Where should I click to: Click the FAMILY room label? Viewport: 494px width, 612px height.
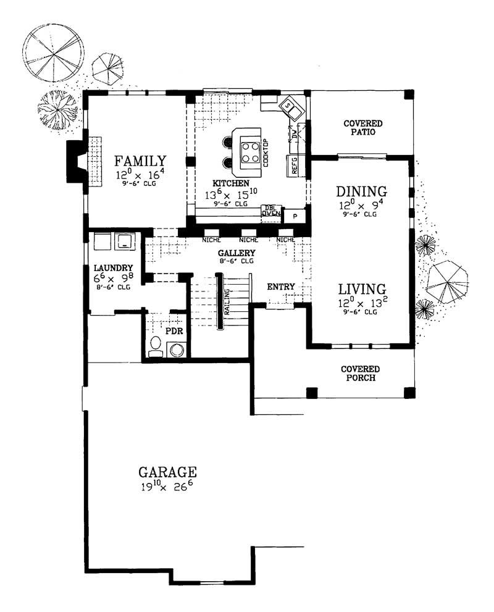click(140, 162)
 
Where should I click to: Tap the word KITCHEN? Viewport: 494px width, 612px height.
click(231, 183)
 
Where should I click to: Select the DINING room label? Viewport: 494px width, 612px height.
click(361, 191)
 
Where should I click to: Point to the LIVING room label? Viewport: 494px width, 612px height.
click(361, 288)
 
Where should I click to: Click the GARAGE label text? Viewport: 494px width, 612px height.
click(167, 472)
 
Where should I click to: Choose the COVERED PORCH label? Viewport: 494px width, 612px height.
click(359, 374)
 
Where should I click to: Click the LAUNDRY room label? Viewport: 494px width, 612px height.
click(114, 268)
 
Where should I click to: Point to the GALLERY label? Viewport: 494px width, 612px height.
click(237, 253)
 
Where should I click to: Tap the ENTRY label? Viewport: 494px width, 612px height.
click(280, 287)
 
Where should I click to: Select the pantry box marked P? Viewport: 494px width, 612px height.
click(295, 216)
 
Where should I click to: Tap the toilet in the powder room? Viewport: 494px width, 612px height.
click(156, 347)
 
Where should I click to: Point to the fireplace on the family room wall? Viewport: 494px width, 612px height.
click(77, 162)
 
